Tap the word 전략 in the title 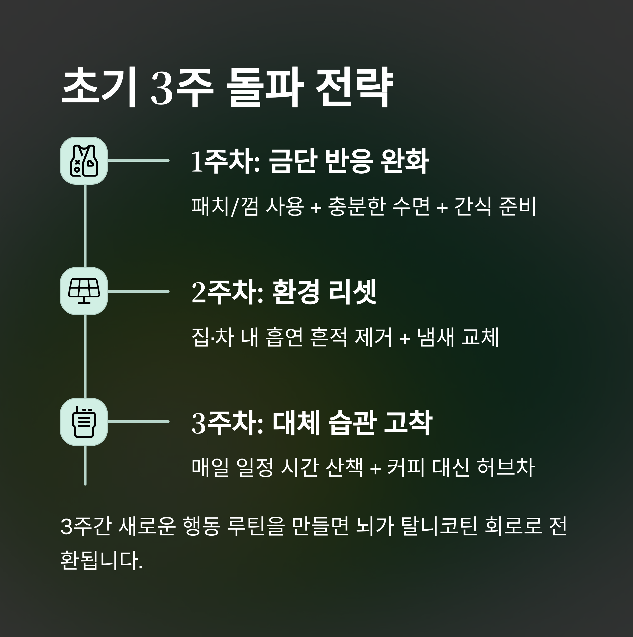tap(354, 87)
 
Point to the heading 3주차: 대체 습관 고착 tap(311, 423)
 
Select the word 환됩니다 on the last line tap(101, 560)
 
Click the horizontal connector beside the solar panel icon tap(138, 291)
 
